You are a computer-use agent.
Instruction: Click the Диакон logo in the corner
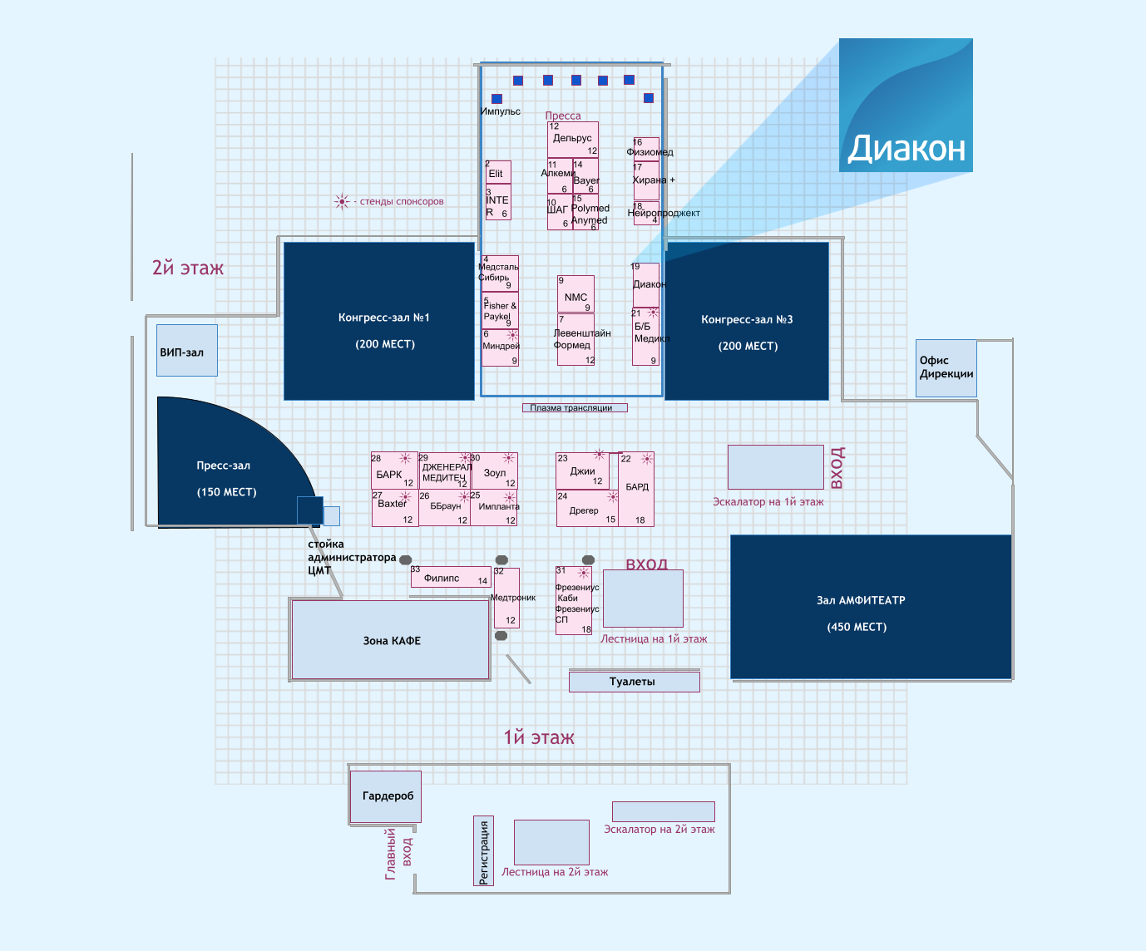[x=906, y=105]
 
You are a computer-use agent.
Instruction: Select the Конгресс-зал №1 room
[x=379, y=321]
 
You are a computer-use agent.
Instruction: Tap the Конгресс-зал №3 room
[x=747, y=321]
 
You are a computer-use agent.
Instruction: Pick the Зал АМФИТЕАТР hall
[x=871, y=607]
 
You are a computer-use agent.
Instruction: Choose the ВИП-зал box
[x=187, y=350]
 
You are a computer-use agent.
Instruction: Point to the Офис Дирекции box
[x=946, y=367]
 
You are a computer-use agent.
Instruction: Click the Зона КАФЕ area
[x=391, y=640]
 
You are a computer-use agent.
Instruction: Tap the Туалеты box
[x=634, y=682]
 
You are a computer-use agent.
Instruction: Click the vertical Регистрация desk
[x=484, y=850]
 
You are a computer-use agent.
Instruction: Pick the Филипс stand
[x=451, y=577]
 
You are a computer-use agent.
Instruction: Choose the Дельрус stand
[x=572, y=140]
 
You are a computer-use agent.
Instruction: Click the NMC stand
[x=575, y=294]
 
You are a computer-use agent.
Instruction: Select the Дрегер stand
[x=586, y=508]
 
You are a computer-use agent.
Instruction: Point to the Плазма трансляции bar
[x=574, y=407]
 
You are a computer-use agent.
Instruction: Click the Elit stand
[x=498, y=172]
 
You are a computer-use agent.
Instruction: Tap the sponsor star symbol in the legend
[x=342, y=201]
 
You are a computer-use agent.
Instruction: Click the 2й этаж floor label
[x=188, y=268]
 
